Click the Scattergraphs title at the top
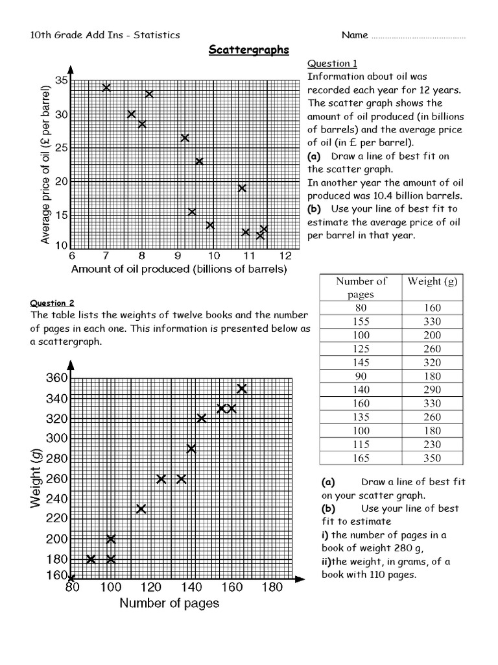tap(248, 50)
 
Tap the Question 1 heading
tap(332, 64)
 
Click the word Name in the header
tap(354, 35)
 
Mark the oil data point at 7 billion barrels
tap(106, 87)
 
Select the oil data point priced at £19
tap(242, 188)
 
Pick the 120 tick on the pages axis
tap(151, 588)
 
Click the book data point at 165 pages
tap(242, 388)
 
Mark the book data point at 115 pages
tap(141, 508)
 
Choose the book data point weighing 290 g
tap(191, 448)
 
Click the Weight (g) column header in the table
tap(433, 281)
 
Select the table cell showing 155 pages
tap(361, 321)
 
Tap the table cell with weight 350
tap(433, 458)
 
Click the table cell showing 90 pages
tap(361, 376)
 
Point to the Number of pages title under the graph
tap(169, 603)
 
